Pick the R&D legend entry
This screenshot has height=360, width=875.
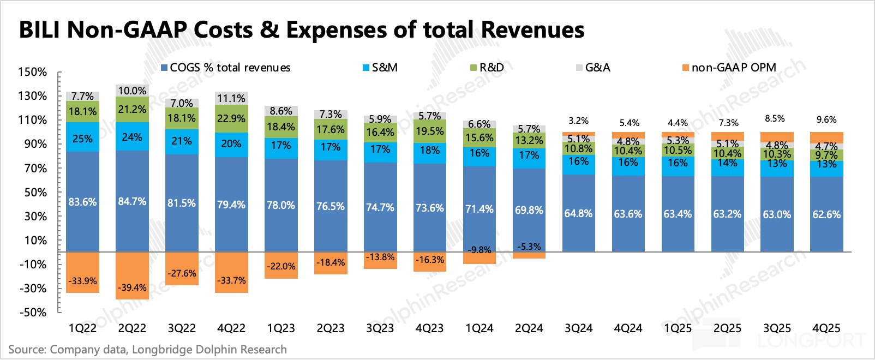click(487, 68)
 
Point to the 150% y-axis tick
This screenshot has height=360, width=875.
click(33, 72)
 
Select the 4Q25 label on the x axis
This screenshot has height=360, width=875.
click(826, 328)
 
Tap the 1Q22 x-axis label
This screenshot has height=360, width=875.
click(82, 328)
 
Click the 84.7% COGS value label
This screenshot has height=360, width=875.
click(132, 201)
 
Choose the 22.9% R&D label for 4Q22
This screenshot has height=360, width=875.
click(231, 118)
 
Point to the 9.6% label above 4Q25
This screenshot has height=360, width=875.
click(826, 119)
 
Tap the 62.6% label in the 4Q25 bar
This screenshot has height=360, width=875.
click(826, 214)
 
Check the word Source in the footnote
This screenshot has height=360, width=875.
click(26, 350)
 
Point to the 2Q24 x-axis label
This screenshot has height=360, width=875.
click(529, 328)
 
